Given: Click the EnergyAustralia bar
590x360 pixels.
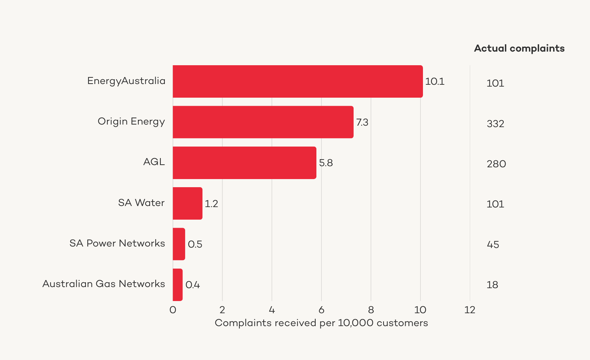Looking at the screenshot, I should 298,81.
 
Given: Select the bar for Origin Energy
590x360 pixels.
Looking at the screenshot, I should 263,122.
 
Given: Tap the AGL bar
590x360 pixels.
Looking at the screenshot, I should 244,163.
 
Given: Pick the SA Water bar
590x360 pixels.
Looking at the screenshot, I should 187,203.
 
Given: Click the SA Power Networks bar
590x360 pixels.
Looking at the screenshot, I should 179,244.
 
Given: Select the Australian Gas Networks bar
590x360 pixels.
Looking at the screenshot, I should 178,284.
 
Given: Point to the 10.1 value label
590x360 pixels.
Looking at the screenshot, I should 435,81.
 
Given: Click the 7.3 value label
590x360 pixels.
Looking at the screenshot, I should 362,122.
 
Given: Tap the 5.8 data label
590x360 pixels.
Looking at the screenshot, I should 326,163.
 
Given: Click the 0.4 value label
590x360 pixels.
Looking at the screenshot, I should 192,285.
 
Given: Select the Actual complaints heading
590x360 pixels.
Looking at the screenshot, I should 519,48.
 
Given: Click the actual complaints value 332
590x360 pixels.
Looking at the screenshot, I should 495,124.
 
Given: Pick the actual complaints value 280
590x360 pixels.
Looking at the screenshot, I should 496,164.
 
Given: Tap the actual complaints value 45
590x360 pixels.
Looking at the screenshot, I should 493,245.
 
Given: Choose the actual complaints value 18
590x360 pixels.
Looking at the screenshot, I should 492,285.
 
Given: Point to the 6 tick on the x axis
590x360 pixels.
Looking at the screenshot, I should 321,310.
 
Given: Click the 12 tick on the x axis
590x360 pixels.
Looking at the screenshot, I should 470,310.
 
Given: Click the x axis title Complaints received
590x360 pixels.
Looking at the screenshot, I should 321,323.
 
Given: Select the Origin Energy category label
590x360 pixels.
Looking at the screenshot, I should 131,122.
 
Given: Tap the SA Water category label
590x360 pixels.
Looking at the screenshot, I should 141,203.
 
